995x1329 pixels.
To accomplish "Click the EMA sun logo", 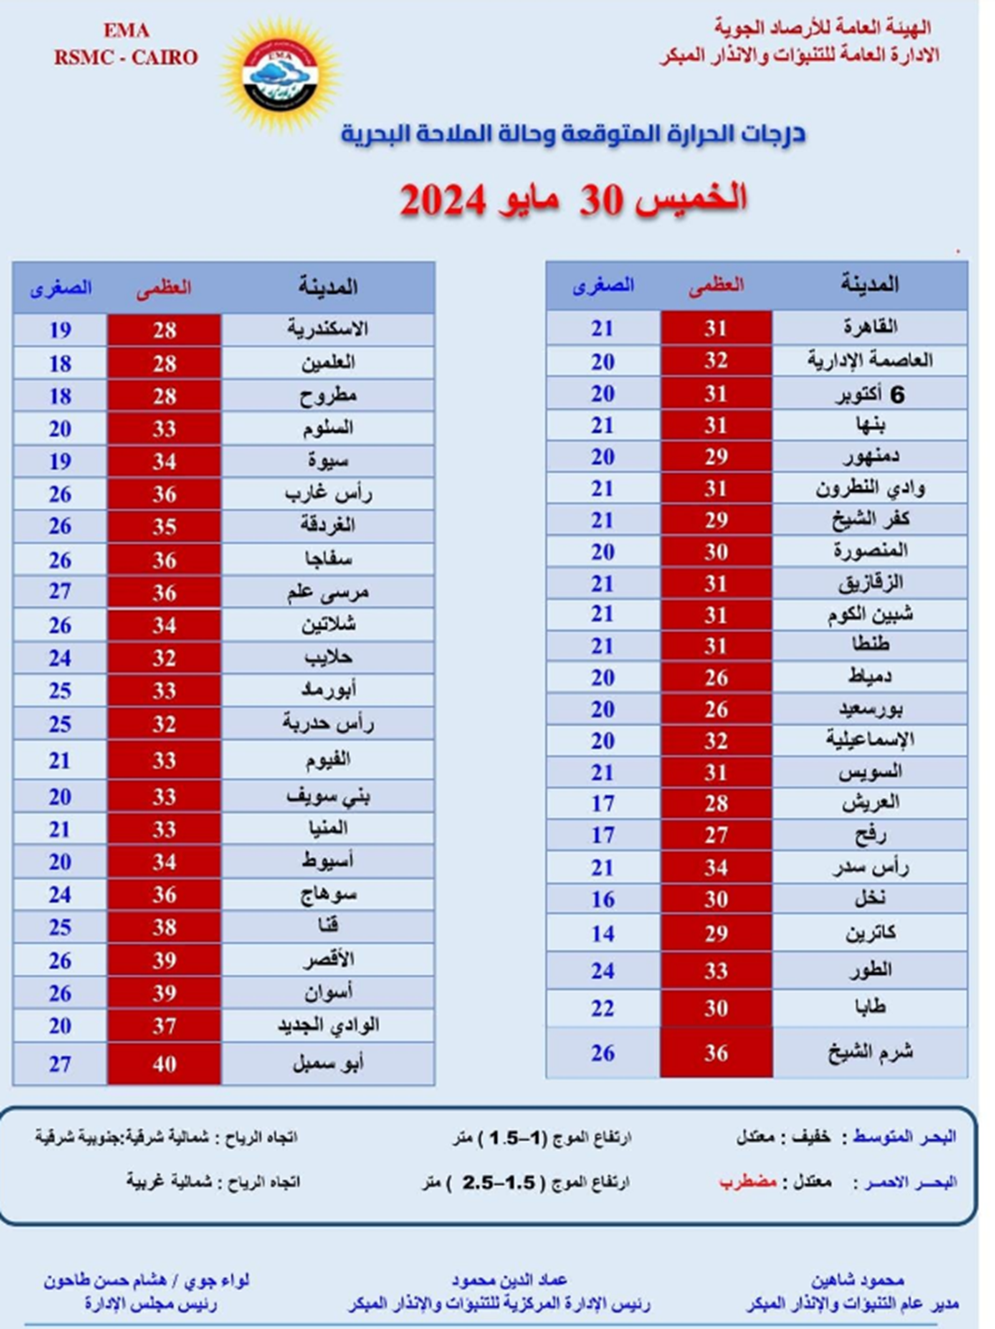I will coord(279,76).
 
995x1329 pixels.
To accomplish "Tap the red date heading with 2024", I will coord(573,200).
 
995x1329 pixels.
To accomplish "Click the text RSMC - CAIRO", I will coord(126,57).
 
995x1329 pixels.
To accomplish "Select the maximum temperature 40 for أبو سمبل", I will coord(164,1064).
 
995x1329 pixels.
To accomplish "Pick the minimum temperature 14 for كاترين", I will coord(603,933).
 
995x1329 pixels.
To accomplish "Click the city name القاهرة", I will coord(870,327).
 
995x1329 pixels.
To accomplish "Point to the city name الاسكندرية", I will coord(328,330).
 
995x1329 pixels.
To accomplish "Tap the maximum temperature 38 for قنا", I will coord(164,927).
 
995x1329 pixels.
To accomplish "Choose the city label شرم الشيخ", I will coord(870,1052).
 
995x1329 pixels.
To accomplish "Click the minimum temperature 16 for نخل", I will coord(603,899).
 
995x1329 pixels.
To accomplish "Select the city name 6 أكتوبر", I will coord(870,394).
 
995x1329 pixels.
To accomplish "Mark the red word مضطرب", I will coord(747,1181).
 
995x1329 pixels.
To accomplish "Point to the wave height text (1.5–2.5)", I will coord(499,1183).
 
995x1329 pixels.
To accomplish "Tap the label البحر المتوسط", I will coord(904,1137).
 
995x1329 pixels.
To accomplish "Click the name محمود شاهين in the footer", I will coord(858,1280).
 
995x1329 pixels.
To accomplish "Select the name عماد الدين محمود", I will coord(509,1280).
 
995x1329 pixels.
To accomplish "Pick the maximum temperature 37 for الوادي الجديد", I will coord(164,1026).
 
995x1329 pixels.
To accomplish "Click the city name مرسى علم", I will coord(328,592).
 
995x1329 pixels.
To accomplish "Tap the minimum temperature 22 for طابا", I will coord(603,1008).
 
